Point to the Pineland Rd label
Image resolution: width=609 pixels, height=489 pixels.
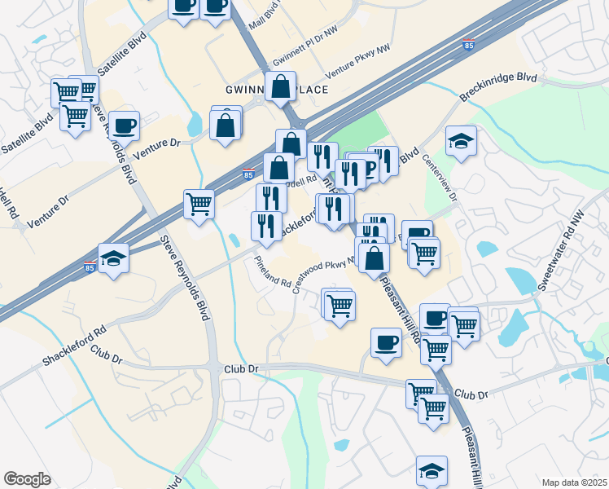pyautogui.click(x=272, y=273)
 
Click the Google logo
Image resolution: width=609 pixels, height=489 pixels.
pyautogui.click(x=27, y=479)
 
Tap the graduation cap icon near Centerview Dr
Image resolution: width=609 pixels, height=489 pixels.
pyautogui.click(x=461, y=141)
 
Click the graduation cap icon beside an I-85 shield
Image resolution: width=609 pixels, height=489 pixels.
pyautogui.click(x=114, y=258)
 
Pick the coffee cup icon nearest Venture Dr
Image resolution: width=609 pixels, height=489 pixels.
pyautogui.click(x=124, y=126)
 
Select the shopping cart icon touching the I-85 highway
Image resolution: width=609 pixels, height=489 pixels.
pyautogui.click(x=199, y=204)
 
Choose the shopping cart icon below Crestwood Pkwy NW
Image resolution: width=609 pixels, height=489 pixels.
pyautogui.click(x=339, y=305)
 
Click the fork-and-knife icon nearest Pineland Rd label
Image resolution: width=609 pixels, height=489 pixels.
pyautogui.click(x=266, y=226)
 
